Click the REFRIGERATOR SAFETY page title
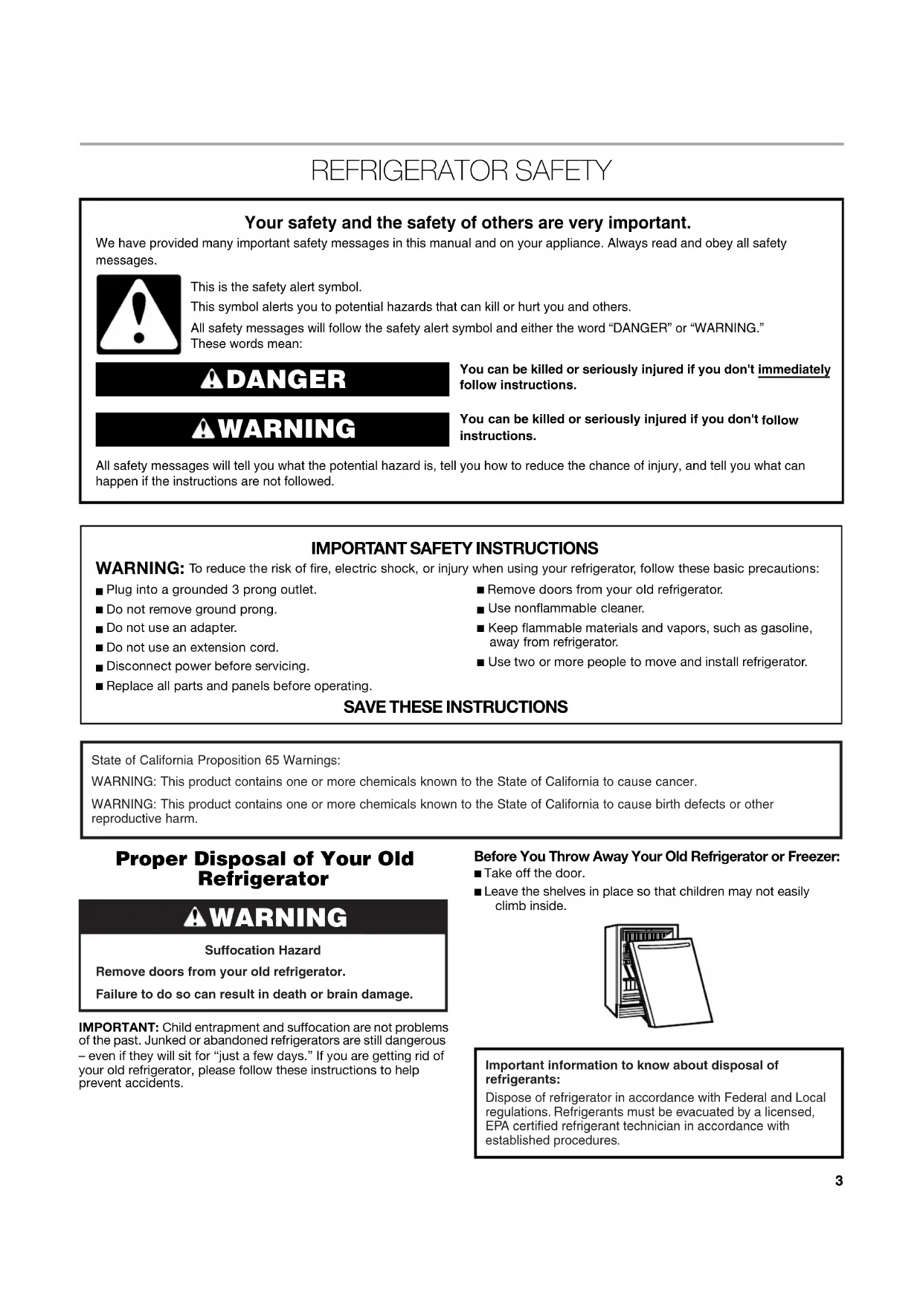tap(461, 171)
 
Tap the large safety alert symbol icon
tap(138, 314)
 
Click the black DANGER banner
tap(272, 379)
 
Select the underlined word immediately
tap(794, 369)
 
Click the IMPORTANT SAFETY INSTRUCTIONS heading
tap(454, 549)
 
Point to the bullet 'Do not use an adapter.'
tap(171, 628)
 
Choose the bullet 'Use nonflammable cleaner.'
tap(565, 608)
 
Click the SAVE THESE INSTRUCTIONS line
tap(455, 707)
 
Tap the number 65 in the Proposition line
tap(272, 761)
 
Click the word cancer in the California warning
tap(675, 781)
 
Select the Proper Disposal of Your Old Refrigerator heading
tap(264, 868)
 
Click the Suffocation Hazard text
tap(263, 950)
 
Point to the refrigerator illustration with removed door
tap(657, 975)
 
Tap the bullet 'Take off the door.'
tap(534, 874)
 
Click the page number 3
tap(839, 1181)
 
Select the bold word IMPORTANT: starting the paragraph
tap(119, 1027)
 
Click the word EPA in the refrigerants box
tap(497, 1126)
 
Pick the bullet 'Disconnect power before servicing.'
tap(208, 666)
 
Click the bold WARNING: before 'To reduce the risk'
tap(140, 569)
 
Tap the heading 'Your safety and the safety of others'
tap(467, 223)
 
